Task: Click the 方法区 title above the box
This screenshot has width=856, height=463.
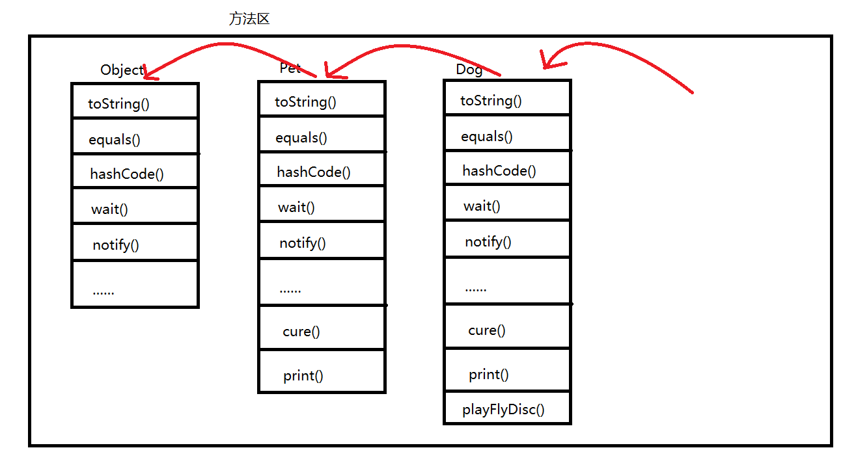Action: coord(249,20)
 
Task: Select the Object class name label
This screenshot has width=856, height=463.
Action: coord(122,70)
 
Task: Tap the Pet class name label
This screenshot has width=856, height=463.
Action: coord(290,68)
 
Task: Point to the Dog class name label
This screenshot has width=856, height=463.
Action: coord(469,70)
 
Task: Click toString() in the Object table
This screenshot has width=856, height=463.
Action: coord(118,104)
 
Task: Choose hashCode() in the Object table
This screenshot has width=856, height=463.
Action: coord(127,174)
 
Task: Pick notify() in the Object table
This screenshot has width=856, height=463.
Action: coord(116,245)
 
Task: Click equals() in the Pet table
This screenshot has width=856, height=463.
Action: coord(301,138)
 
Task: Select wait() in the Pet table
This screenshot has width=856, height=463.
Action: coord(296,207)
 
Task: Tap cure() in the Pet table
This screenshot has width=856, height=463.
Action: coord(301,332)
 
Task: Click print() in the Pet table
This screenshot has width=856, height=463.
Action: coord(303,376)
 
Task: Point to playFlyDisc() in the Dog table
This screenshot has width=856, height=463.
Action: coord(503,410)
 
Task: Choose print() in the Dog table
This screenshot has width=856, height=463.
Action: coord(489,375)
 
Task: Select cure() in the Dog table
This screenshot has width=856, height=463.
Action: coord(487,330)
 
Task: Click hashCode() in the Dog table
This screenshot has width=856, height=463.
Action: coord(499,171)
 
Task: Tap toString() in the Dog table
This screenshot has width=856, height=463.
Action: coord(491,101)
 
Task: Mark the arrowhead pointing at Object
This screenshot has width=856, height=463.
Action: coord(148,73)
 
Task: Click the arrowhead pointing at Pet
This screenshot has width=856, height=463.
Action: coord(331,72)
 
